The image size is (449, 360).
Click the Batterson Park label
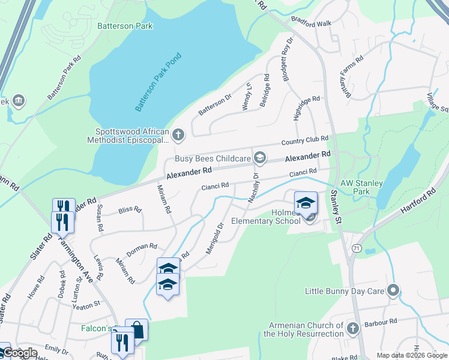pos(124,26)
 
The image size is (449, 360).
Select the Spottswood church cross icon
pos(178,135)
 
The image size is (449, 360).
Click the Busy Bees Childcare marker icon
pos(259,158)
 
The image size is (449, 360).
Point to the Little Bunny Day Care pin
pos(393,291)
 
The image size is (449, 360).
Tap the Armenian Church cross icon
pos(352,328)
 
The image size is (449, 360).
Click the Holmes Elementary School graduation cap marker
pos(306,202)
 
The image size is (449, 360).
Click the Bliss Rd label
pos(130,210)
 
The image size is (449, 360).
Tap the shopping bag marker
pos(137,329)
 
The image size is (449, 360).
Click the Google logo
pos(20,353)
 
